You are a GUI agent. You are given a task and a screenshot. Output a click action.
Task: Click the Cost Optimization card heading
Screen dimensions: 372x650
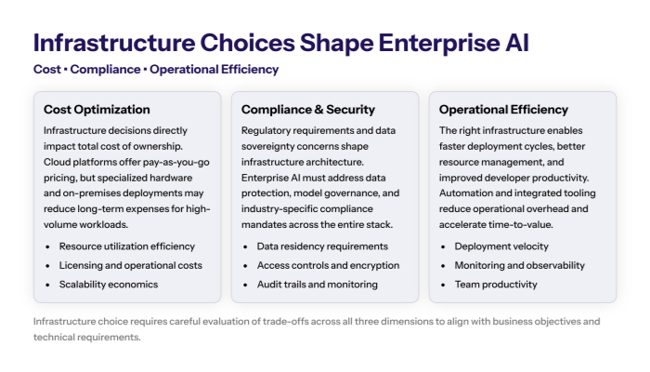pos(97,110)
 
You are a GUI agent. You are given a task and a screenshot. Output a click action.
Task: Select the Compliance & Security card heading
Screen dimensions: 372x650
pos(308,110)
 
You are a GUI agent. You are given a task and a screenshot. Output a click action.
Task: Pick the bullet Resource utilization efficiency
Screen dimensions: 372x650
pos(127,246)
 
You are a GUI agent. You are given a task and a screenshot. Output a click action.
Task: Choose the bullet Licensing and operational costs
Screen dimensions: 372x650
pos(131,265)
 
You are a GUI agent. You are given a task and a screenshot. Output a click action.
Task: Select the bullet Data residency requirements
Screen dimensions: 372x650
pos(321,246)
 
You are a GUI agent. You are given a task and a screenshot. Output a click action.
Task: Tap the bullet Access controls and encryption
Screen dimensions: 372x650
pos(329,265)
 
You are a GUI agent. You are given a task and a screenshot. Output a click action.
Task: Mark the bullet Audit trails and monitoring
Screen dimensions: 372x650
pos(318,284)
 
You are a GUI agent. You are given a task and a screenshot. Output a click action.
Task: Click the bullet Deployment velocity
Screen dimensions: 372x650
pos(501,246)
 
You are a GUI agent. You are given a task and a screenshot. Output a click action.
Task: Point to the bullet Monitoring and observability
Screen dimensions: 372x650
pos(520,265)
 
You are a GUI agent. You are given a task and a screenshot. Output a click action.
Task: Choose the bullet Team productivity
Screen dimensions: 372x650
pos(497,284)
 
